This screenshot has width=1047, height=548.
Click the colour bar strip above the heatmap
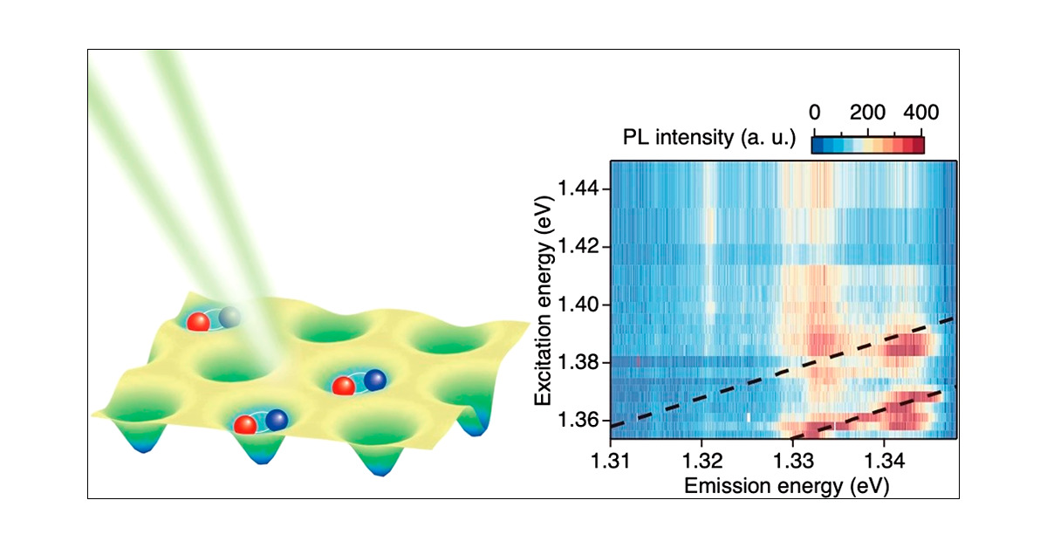point(867,141)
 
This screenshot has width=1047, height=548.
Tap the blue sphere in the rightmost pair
point(374,380)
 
